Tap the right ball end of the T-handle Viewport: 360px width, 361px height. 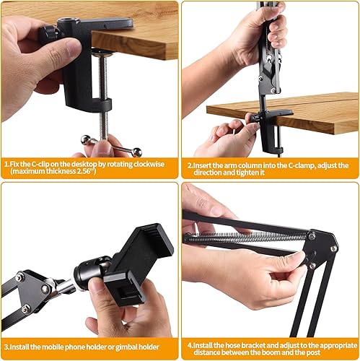pos(136,152)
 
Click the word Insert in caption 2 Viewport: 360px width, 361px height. pos(205,165)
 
